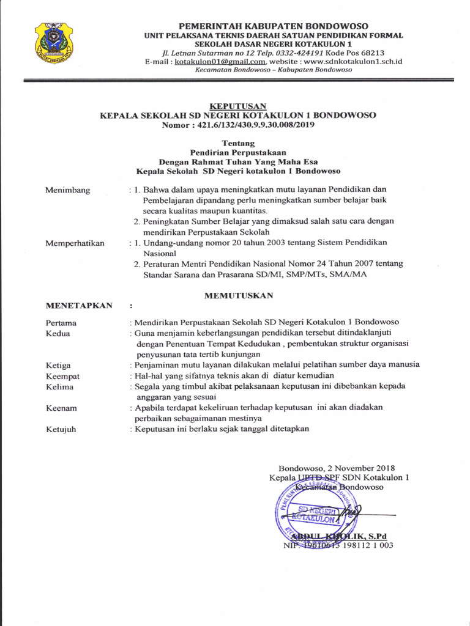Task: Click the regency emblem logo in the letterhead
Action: [x=54, y=43]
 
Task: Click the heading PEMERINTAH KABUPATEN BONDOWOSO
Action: [x=273, y=26]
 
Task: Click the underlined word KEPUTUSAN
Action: [x=238, y=106]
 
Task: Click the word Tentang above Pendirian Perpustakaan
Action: [x=238, y=143]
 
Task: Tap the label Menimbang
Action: [x=67, y=190]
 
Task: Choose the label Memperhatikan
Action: [x=75, y=243]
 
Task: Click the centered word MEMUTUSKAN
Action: [x=239, y=295]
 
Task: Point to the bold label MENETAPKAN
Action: [x=79, y=306]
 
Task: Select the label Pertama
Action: [x=61, y=322]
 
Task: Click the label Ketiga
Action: [x=58, y=365]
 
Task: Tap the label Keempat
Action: [x=62, y=376]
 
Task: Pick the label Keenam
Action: [x=61, y=408]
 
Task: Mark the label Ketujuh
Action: [x=61, y=429]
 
